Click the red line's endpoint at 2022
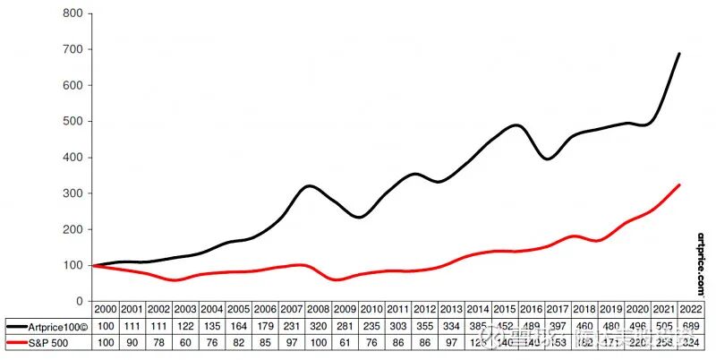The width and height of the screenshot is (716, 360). (x=680, y=184)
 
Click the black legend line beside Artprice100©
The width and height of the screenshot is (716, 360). (x=16, y=325)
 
